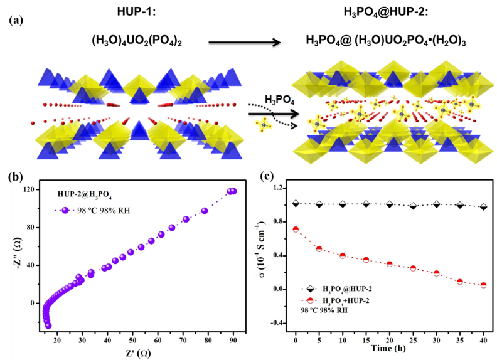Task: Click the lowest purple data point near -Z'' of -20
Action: click(48, 326)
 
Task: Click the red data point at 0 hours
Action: click(296, 230)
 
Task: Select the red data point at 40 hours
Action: click(483, 285)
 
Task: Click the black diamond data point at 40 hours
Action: click(483, 206)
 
